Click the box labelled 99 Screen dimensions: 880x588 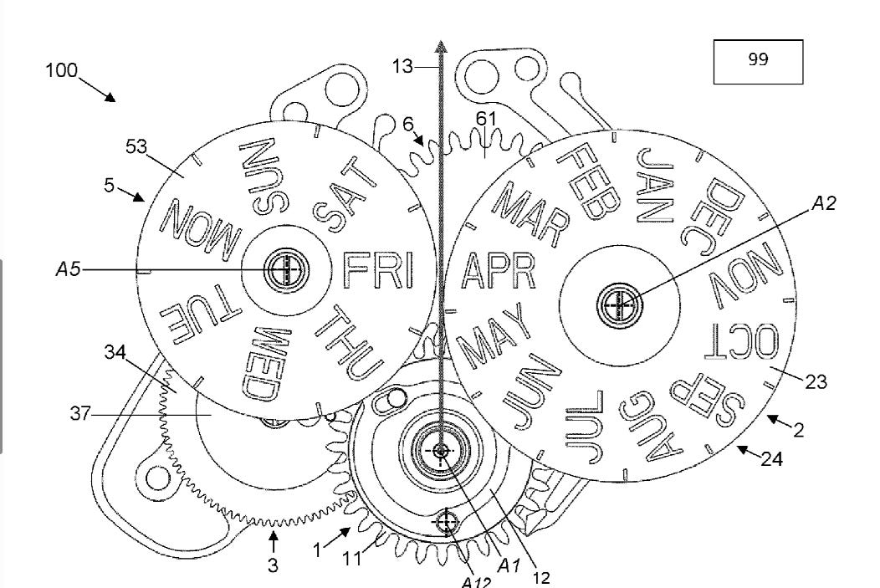(758, 62)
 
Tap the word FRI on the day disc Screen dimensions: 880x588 (379, 270)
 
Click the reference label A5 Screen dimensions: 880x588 (69, 269)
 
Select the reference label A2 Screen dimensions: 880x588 (824, 203)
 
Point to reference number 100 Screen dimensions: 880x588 (61, 70)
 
